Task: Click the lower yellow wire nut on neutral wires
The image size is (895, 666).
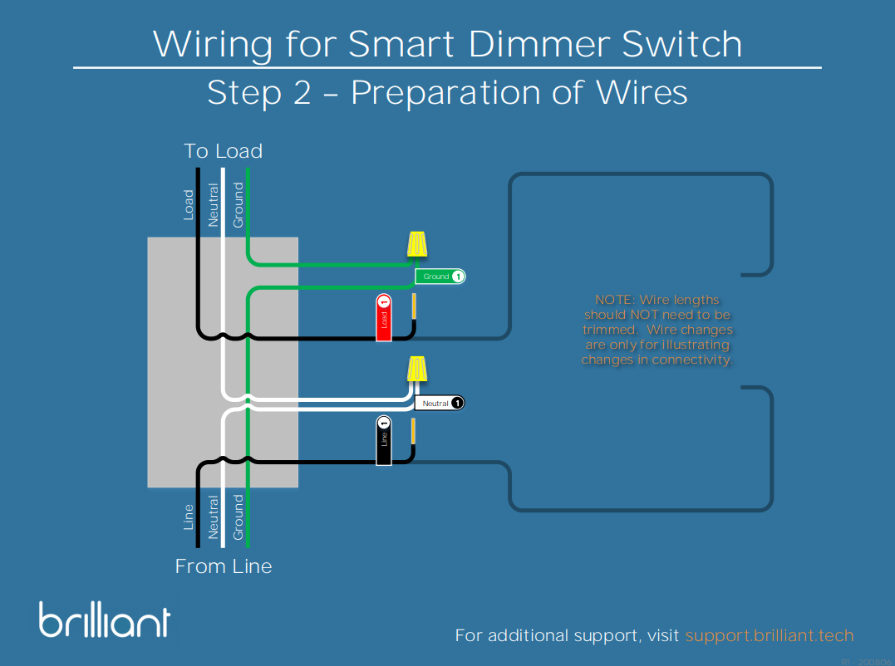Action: (417, 370)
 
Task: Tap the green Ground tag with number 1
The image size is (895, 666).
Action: (440, 277)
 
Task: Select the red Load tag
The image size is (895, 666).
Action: (383, 317)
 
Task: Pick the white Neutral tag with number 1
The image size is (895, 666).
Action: (439, 403)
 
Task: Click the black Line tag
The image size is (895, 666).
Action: (383, 441)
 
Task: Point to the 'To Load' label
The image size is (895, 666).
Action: (223, 151)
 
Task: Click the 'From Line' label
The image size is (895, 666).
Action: (223, 566)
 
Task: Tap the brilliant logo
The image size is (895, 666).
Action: (105, 620)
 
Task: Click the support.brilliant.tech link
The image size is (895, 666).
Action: (770, 636)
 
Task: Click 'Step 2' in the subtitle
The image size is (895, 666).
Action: (258, 93)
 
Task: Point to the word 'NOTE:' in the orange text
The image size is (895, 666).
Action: (614, 300)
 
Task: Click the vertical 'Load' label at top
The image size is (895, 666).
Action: (189, 204)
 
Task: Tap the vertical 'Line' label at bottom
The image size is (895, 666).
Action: (189, 517)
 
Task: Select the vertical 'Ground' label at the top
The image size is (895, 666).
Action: (239, 205)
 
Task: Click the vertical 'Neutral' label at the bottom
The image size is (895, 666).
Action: (214, 517)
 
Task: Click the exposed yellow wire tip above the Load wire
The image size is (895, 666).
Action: (413, 306)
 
